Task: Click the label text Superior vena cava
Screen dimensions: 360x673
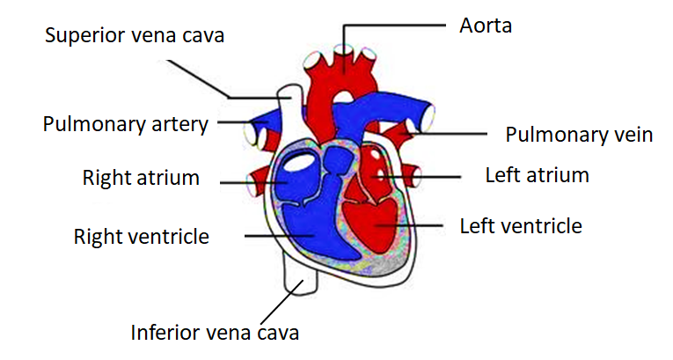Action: point(135,36)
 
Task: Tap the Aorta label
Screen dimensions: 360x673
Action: point(485,25)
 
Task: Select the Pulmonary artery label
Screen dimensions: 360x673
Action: point(125,123)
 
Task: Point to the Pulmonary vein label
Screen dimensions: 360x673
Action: point(578,135)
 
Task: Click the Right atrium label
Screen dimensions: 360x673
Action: point(141,178)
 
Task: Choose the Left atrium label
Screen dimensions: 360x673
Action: point(537,174)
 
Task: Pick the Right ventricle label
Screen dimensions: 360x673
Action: point(141,236)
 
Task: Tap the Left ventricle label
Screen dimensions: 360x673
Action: point(521,226)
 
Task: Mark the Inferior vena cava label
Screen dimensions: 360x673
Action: point(215,333)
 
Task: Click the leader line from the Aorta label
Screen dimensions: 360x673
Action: point(396,26)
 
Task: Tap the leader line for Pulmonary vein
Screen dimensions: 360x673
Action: point(449,134)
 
